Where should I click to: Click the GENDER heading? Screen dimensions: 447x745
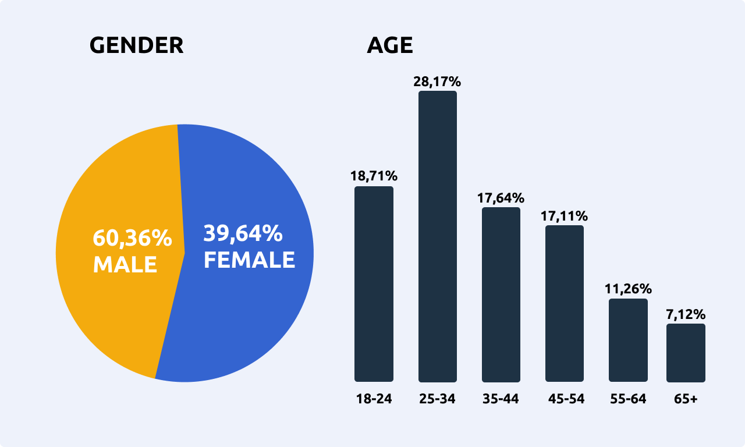[136, 45]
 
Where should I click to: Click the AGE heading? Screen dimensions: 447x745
[389, 45]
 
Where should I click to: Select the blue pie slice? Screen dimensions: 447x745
[244, 314]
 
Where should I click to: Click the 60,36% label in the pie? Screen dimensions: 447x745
[132, 238]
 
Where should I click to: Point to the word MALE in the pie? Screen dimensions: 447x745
[125, 265]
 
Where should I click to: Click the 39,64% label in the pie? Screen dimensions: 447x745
[243, 234]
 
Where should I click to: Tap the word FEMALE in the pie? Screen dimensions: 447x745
[249, 260]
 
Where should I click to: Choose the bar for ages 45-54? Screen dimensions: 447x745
[565, 303]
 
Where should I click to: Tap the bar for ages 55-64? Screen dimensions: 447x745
[628, 340]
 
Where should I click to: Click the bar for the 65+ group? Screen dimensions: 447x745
[686, 353]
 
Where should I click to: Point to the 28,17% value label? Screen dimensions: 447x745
[437, 82]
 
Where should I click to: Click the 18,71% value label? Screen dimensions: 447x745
[374, 176]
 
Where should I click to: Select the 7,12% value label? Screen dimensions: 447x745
[686, 314]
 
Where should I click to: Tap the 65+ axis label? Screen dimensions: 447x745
[686, 399]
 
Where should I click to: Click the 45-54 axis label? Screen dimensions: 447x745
[566, 399]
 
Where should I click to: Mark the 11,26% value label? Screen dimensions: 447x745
[628, 289]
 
